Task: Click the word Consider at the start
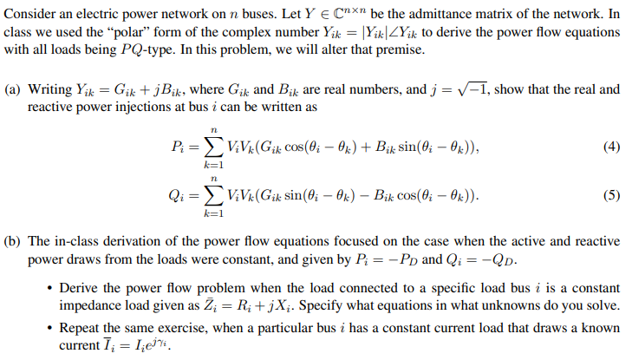click(x=32, y=13)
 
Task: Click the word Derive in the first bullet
click(x=81, y=288)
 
